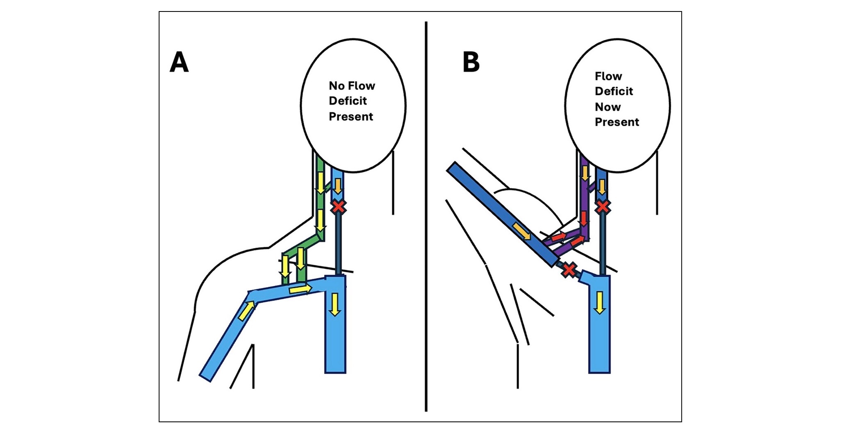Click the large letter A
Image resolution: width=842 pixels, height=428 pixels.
coord(179,62)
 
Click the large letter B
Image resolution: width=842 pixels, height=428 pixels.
coord(471,62)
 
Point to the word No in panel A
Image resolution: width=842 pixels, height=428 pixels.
coord(337,86)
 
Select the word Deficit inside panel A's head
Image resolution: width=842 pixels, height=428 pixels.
coord(348,101)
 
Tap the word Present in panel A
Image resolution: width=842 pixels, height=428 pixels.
coord(351,116)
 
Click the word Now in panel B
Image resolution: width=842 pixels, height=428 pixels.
coord(608,107)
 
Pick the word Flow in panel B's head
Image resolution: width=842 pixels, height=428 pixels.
coord(608,76)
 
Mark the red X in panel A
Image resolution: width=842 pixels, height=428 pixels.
coord(338,206)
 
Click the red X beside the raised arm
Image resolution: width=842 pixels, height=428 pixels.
coord(569,269)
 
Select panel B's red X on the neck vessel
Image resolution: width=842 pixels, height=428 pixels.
coord(603,206)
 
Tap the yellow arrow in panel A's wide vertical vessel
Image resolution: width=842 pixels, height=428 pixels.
coord(335,304)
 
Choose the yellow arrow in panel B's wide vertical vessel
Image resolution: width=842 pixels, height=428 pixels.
coord(599,303)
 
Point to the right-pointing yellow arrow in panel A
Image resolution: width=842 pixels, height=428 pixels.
coord(300,289)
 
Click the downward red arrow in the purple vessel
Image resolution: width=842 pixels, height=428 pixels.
coord(584,219)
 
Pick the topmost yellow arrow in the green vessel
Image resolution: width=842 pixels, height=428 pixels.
coord(320,183)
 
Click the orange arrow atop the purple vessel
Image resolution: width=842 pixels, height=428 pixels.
coord(585,173)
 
